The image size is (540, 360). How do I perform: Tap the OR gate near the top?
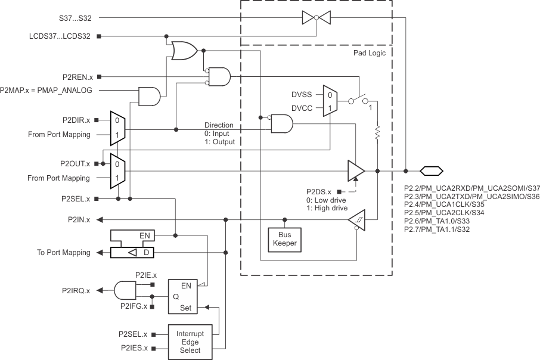point(184,51)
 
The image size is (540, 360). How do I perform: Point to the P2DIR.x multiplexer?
point(117,128)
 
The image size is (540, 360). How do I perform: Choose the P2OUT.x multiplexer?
point(117,170)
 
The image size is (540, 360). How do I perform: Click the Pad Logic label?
point(370,53)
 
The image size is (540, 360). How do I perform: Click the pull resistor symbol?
point(377,133)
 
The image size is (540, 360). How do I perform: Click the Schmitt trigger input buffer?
point(357,220)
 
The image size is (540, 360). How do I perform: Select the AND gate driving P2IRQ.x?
point(124,291)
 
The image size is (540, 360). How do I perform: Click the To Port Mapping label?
point(60,253)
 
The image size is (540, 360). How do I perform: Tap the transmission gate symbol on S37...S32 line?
point(315,18)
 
